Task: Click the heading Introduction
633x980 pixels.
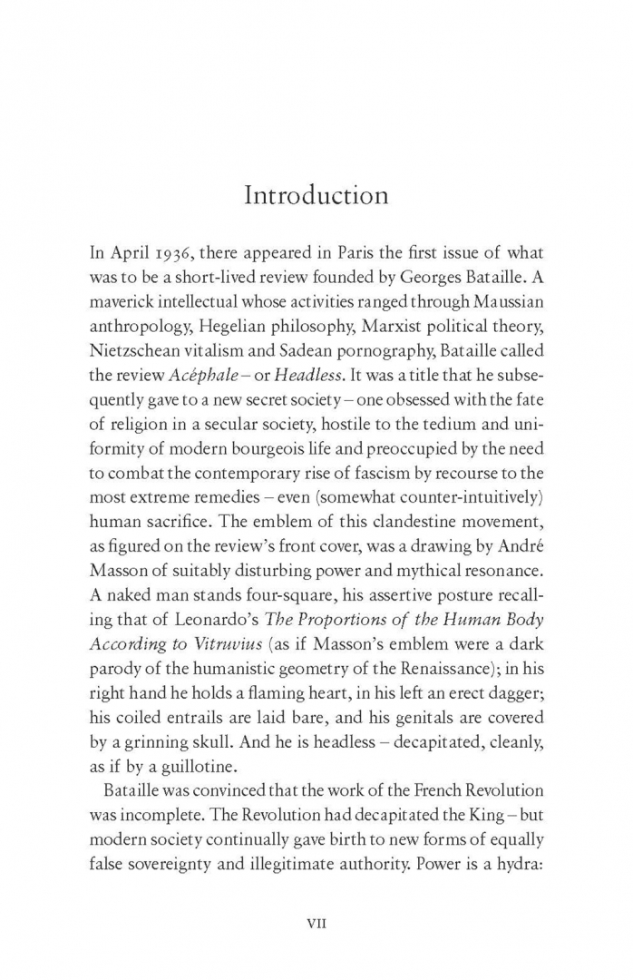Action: coord(316,195)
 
